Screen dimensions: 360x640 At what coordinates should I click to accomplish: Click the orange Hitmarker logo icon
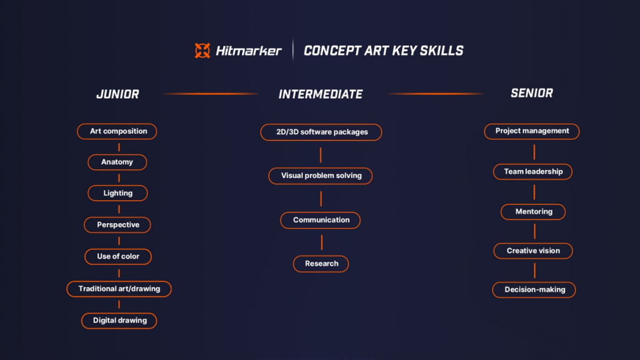coord(202,51)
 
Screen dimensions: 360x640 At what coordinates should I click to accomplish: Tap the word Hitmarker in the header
coord(249,51)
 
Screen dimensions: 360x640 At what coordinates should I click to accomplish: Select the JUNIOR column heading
coord(117,94)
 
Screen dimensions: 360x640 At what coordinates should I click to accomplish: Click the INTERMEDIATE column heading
coord(321,94)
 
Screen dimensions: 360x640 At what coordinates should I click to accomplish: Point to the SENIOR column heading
coord(532,93)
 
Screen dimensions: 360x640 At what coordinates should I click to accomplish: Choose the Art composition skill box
coord(117,131)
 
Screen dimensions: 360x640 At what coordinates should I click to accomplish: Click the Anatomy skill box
coord(117,162)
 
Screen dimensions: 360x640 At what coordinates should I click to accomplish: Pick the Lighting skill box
coord(118,193)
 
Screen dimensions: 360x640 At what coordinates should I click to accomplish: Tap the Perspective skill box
coord(118,225)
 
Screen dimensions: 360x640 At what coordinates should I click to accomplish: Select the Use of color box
coord(118,257)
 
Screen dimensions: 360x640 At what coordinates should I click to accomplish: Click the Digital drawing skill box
coord(119,321)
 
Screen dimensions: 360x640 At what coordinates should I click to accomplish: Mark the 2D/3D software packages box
coord(322,132)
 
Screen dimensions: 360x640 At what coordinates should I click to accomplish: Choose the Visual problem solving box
coord(321,175)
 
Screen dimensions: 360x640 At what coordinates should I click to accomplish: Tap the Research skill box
coord(321,263)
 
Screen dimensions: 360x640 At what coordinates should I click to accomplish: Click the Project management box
coord(532,131)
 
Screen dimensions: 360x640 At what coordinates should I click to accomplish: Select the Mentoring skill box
coord(533,212)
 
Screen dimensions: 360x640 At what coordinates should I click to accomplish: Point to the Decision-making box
coord(534,290)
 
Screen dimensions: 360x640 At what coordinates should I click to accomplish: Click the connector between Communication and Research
coord(322,242)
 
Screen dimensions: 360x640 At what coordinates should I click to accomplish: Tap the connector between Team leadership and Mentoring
coord(534,192)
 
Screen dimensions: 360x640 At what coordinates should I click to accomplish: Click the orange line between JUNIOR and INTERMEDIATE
coord(211,94)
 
